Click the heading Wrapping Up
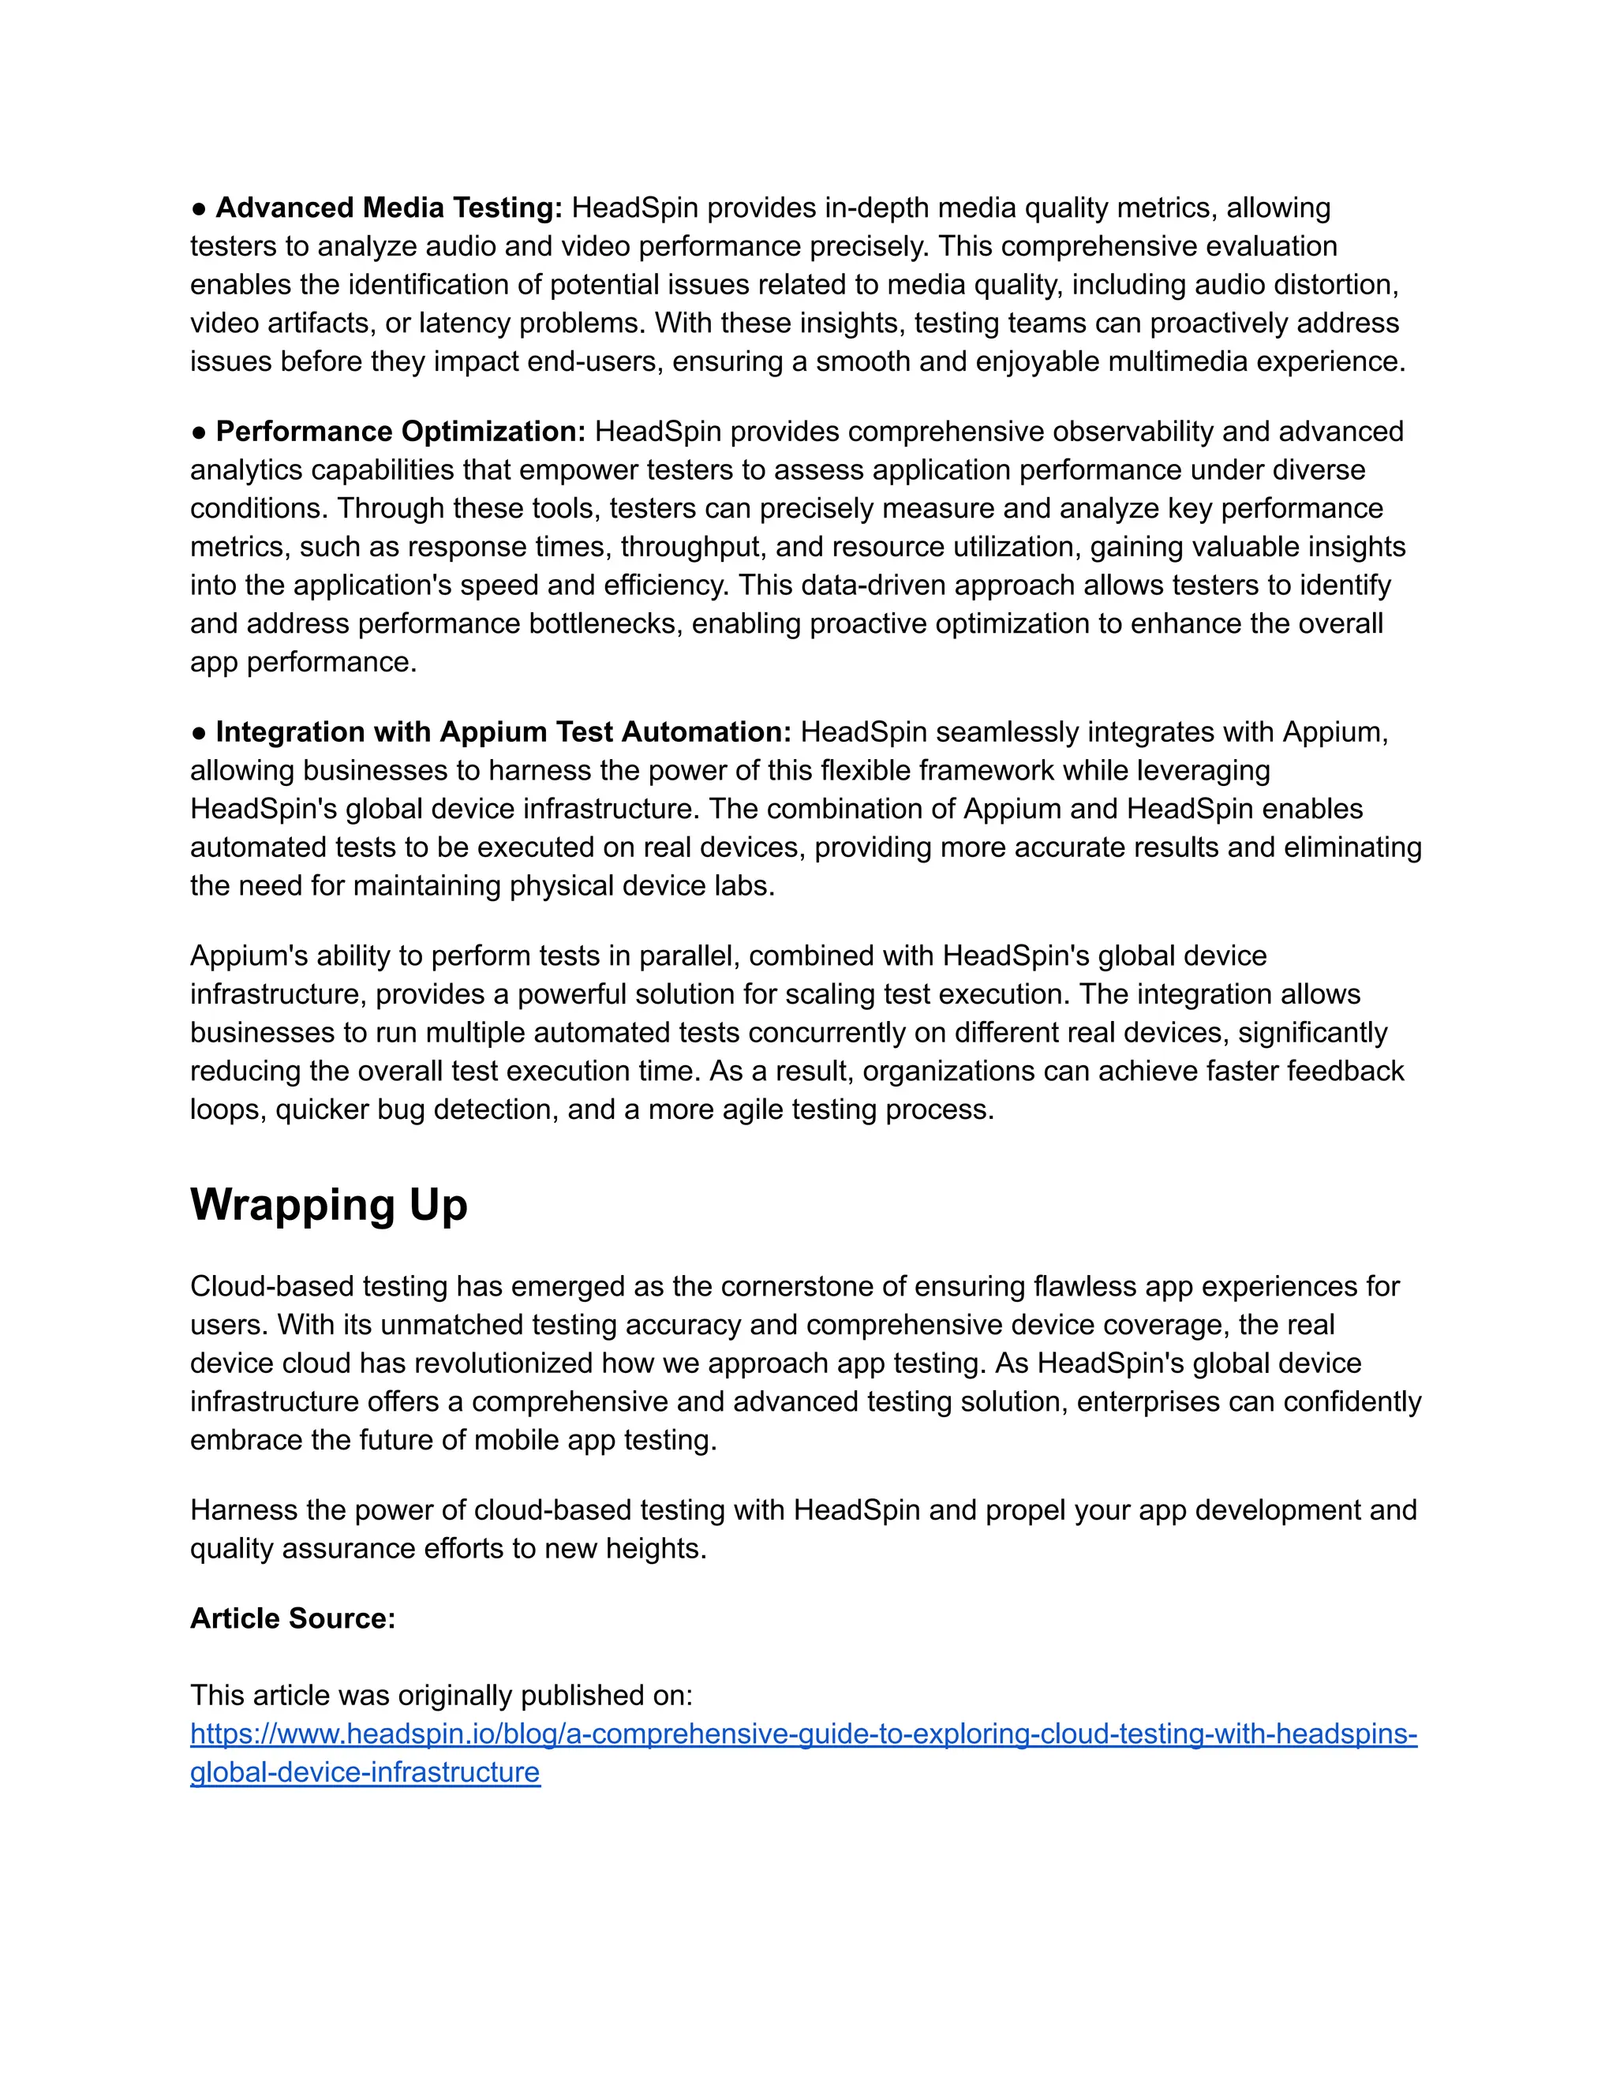tap(328, 1206)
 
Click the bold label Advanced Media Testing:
tap(389, 208)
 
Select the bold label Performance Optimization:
tap(400, 432)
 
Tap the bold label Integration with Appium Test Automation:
tap(503, 732)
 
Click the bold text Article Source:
tap(292, 1619)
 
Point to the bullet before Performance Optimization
tap(199, 432)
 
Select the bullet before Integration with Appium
tap(199, 733)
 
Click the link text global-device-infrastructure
tap(365, 1772)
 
